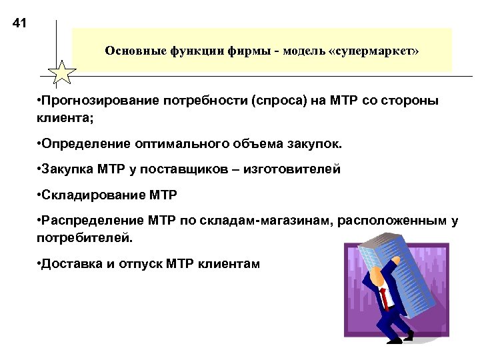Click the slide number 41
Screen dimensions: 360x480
tap(19, 25)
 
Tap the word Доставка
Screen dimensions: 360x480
tap(67, 263)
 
